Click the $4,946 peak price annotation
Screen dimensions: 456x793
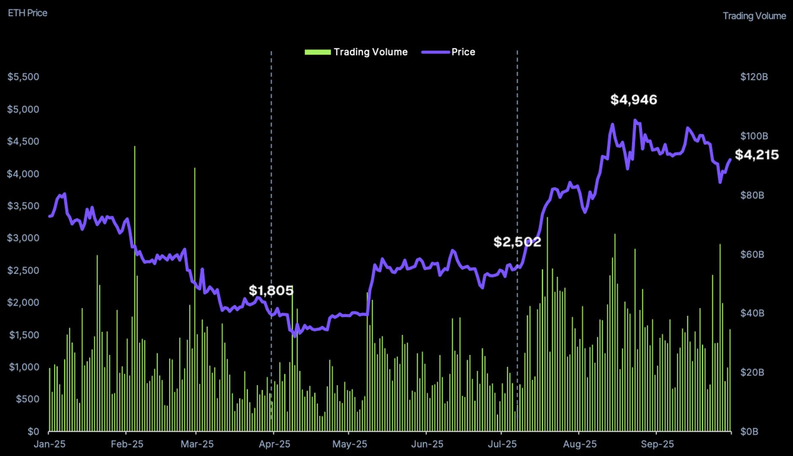(x=634, y=100)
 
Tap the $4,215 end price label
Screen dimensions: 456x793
(x=757, y=155)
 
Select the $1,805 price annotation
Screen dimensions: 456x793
(x=271, y=290)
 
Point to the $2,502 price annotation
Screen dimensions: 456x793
(x=517, y=242)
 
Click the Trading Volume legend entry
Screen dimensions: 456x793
(x=356, y=52)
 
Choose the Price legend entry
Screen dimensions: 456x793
(x=449, y=52)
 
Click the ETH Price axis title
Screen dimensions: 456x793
(x=27, y=13)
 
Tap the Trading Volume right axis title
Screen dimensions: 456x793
(x=754, y=16)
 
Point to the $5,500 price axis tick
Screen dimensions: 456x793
(x=23, y=77)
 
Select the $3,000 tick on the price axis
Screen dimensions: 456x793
(x=23, y=238)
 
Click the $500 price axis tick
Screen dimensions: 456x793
(x=27, y=399)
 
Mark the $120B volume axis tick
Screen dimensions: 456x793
(x=754, y=77)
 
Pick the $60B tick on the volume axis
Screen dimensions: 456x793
(x=752, y=255)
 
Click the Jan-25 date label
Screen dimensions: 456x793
(x=49, y=444)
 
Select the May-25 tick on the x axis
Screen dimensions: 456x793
(x=349, y=444)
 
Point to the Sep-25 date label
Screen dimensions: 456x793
(x=657, y=444)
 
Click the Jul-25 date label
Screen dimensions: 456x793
(x=502, y=444)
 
